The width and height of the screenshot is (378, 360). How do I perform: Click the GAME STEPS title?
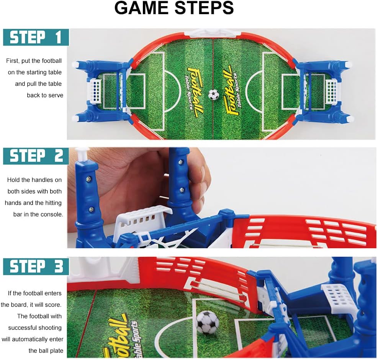click(x=174, y=8)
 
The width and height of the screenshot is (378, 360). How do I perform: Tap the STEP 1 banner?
click(x=36, y=37)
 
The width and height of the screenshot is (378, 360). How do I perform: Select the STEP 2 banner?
click(x=36, y=156)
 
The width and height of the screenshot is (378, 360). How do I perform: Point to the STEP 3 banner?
click(x=36, y=267)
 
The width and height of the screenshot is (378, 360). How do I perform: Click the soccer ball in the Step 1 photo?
click(x=214, y=94)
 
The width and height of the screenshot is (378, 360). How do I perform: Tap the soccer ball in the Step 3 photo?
click(x=208, y=322)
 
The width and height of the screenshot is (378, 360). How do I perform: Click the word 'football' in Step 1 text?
click(x=52, y=61)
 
